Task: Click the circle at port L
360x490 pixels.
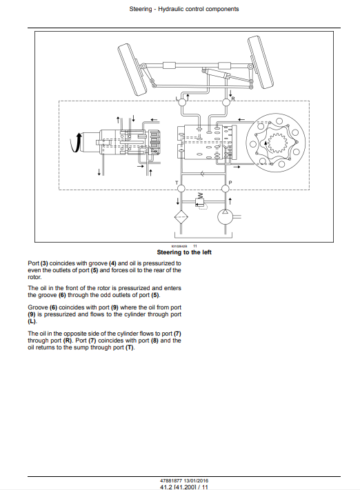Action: (x=181, y=102)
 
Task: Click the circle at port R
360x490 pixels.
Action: (x=226, y=102)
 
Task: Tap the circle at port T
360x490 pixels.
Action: (x=181, y=188)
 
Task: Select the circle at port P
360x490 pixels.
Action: (x=226, y=188)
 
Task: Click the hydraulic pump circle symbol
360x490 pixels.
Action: (x=226, y=216)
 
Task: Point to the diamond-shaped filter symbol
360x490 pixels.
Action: (x=181, y=216)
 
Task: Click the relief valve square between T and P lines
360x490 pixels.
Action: (x=199, y=203)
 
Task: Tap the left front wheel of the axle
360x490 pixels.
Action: (x=132, y=70)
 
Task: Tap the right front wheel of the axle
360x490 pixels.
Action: (x=261, y=62)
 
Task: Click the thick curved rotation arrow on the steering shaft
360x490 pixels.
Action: (x=74, y=144)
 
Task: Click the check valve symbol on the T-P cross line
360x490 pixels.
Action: (x=202, y=174)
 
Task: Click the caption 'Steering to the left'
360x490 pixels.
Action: (x=184, y=252)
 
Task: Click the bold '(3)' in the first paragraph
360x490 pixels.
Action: (x=44, y=263)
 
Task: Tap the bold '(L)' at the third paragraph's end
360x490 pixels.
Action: (x=32, y=321)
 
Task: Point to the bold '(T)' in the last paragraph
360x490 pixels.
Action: (x=130, y=347)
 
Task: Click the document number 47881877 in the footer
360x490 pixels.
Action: (x=171, y=480)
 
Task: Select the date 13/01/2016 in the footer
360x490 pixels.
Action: (x=196, y=480)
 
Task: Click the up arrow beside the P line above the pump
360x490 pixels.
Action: (x=230, y=201)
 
